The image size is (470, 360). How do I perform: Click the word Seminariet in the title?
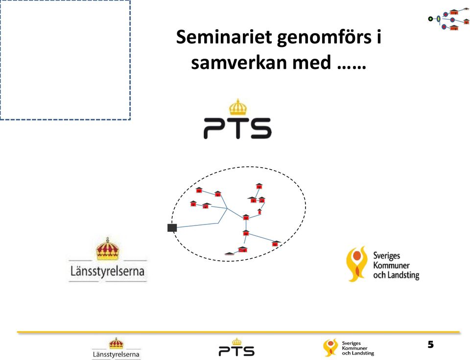(x=224, y=37)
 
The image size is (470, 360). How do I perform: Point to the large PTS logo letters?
(x=237, y=128)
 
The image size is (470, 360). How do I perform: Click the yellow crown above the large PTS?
(x=238, y=107)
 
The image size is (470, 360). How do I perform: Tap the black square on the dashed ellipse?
(x=172, y=227)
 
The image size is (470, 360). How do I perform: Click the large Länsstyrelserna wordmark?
(x=107, y=271)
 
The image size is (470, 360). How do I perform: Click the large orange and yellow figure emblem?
(x=356, y=264)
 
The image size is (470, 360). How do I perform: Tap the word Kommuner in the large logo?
(x=391, y=266)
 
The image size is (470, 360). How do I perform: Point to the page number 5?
(x=431, y=344)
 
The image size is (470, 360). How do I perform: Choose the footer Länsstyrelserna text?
(x=116, y=354)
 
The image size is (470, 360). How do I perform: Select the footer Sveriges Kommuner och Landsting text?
(x=358, y=348)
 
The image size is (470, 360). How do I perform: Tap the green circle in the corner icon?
(x=430, y=19)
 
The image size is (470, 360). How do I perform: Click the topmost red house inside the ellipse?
(x=259, y=186)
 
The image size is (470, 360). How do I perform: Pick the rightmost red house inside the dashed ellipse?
(x=276, y=243)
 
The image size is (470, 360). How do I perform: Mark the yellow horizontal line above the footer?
(x=238, y=332)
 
